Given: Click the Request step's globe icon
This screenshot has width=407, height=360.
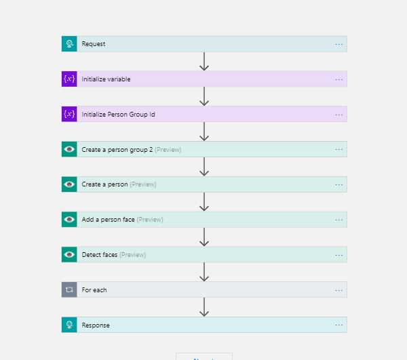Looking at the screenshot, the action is [x=69, y=44].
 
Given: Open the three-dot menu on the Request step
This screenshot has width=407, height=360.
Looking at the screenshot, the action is [x=338, y=44].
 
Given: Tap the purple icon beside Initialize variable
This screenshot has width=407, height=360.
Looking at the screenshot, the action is [x=69, y=79].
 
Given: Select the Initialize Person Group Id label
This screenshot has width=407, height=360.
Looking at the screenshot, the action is [x=118, y=115].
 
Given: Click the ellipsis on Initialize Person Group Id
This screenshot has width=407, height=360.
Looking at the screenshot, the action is [x=338, y=115].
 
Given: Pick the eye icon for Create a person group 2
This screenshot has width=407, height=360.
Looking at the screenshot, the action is [x=69, y=149].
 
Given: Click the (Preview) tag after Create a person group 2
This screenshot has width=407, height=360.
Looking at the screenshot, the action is [x=168, y=150].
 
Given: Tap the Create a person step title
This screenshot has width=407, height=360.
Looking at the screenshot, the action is [x=104, y=184].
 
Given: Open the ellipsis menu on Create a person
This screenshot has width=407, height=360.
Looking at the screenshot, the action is [x=338, y=184].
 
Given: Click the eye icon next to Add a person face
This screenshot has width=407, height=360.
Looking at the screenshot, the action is [x=69, y=220].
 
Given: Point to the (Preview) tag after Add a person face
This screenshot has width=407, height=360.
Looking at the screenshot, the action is [x=150, y=220].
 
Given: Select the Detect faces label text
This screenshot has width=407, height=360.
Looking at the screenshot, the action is [x=100, y=255].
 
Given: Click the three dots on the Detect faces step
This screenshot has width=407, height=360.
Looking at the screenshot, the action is [x=338, y=255].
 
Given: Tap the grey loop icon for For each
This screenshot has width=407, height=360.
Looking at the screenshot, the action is [x=69, y=289].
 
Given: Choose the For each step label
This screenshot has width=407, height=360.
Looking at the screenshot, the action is [x=94, y=290].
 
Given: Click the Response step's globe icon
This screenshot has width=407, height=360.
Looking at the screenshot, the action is [x=69, y=325].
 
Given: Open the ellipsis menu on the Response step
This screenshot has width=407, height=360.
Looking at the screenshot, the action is [x=338, y=325].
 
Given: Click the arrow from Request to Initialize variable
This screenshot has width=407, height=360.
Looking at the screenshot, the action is [x=204, y=61].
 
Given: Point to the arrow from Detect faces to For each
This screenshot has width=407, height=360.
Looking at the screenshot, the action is [x=204, y=272].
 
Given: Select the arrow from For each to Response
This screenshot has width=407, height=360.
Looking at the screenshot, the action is [x=204, y=307].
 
